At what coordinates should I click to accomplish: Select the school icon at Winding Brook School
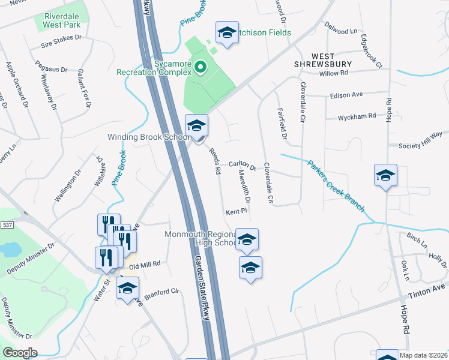coord(196,125)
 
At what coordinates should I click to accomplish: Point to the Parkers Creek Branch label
coord(336,184)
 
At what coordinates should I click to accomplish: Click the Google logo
coord(20,353)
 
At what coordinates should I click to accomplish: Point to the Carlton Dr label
coord(243,165)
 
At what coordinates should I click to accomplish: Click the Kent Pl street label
coord(237,212)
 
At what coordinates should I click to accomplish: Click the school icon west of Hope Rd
coord(385,176)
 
